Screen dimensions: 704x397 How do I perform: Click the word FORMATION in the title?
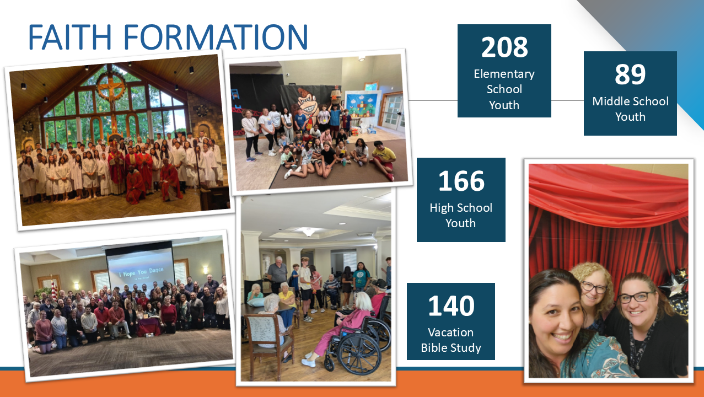(x=216, y=37)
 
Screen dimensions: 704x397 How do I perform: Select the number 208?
(x=504, y=47)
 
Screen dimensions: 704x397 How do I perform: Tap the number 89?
(x=630, y=74)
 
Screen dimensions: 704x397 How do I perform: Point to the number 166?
(x=461, y=181)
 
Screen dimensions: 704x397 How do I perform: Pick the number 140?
(x=452, y=305)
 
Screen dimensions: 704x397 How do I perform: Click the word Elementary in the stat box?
(x=504, y=74)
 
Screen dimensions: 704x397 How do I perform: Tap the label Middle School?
(x=631, y=101)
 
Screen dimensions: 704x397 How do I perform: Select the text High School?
(x=461, y=208)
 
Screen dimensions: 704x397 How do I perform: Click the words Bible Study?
(x=451, y=347)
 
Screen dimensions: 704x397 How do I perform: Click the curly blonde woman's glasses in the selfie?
(x=593, y=287)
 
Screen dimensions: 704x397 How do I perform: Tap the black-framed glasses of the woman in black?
(x=636, y=297)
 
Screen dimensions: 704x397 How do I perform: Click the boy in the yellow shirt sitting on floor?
(x=383, y=159)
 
